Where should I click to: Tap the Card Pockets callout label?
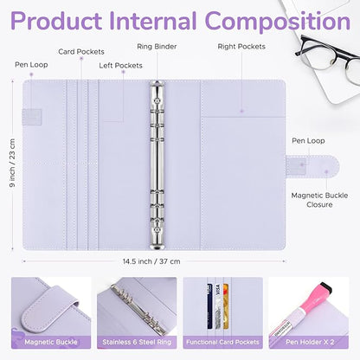pyautogui.click(x=81, y=52)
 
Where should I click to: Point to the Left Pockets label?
pyautogui.click(x=121, y=65)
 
